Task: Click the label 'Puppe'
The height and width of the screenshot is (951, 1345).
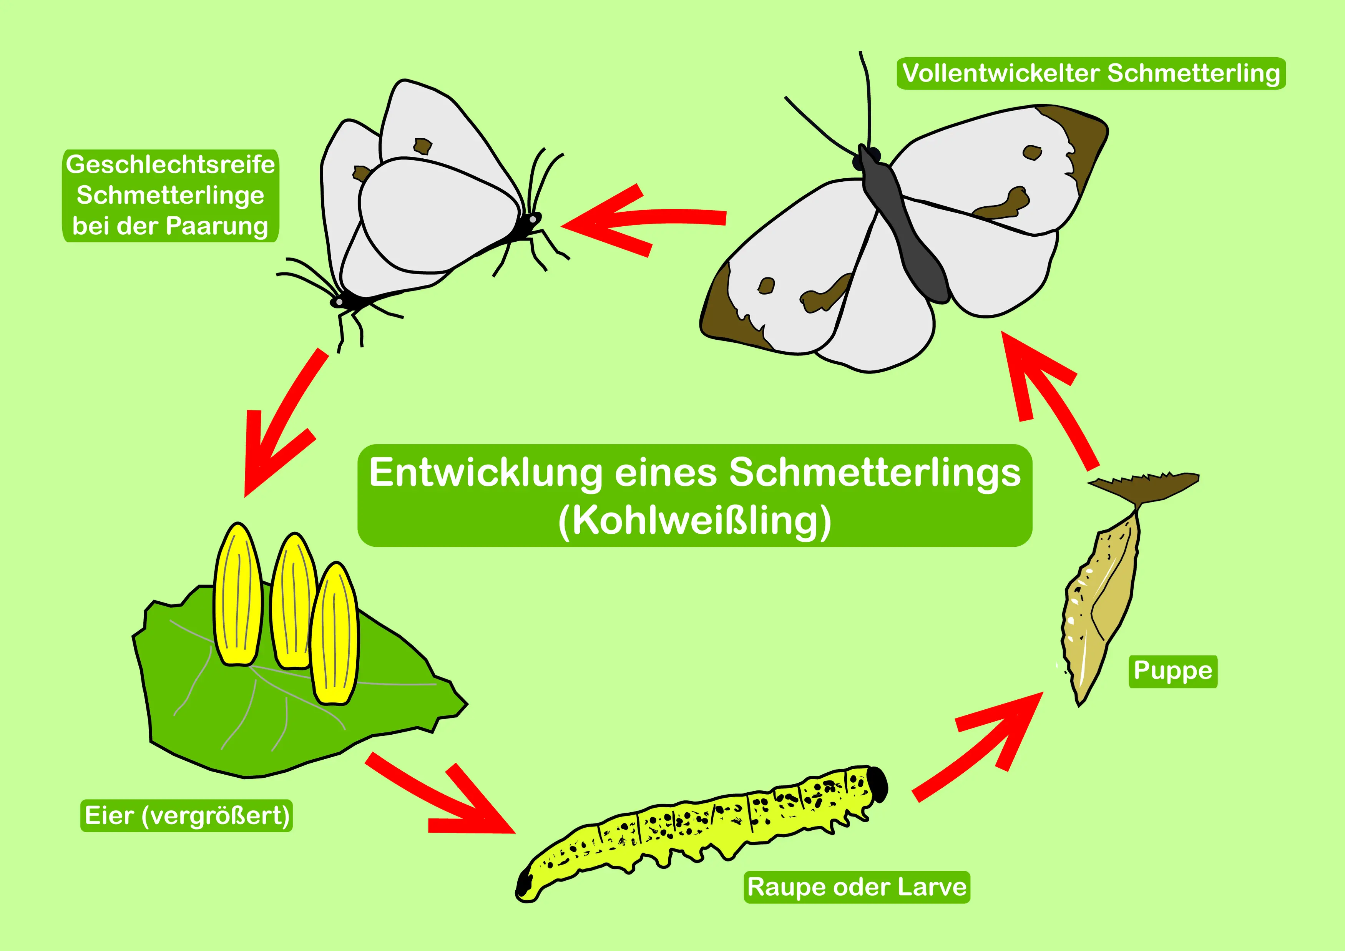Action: click(1173, 672)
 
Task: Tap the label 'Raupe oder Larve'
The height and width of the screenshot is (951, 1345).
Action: click(857, 887)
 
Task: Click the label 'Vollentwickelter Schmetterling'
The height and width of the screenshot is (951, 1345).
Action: click(1091, 74)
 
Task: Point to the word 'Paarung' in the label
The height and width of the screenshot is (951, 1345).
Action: click(218, 226)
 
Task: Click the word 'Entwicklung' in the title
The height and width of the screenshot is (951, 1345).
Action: click(486, 473)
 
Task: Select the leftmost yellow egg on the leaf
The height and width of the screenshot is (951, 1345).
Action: click(238, 594)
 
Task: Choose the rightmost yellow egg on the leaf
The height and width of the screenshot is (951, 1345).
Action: click(334, 633)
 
